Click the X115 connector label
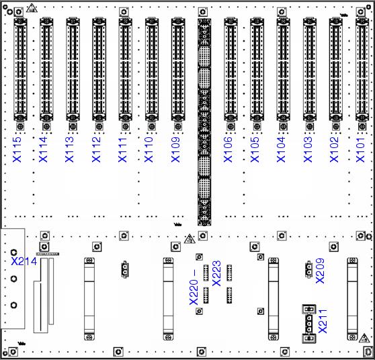17,149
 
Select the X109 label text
175,149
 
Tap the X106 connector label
228,149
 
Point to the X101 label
360,149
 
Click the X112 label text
96,149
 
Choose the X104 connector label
281,149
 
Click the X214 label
24,261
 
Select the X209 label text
321,271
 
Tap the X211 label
323,321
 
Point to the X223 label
216,273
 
